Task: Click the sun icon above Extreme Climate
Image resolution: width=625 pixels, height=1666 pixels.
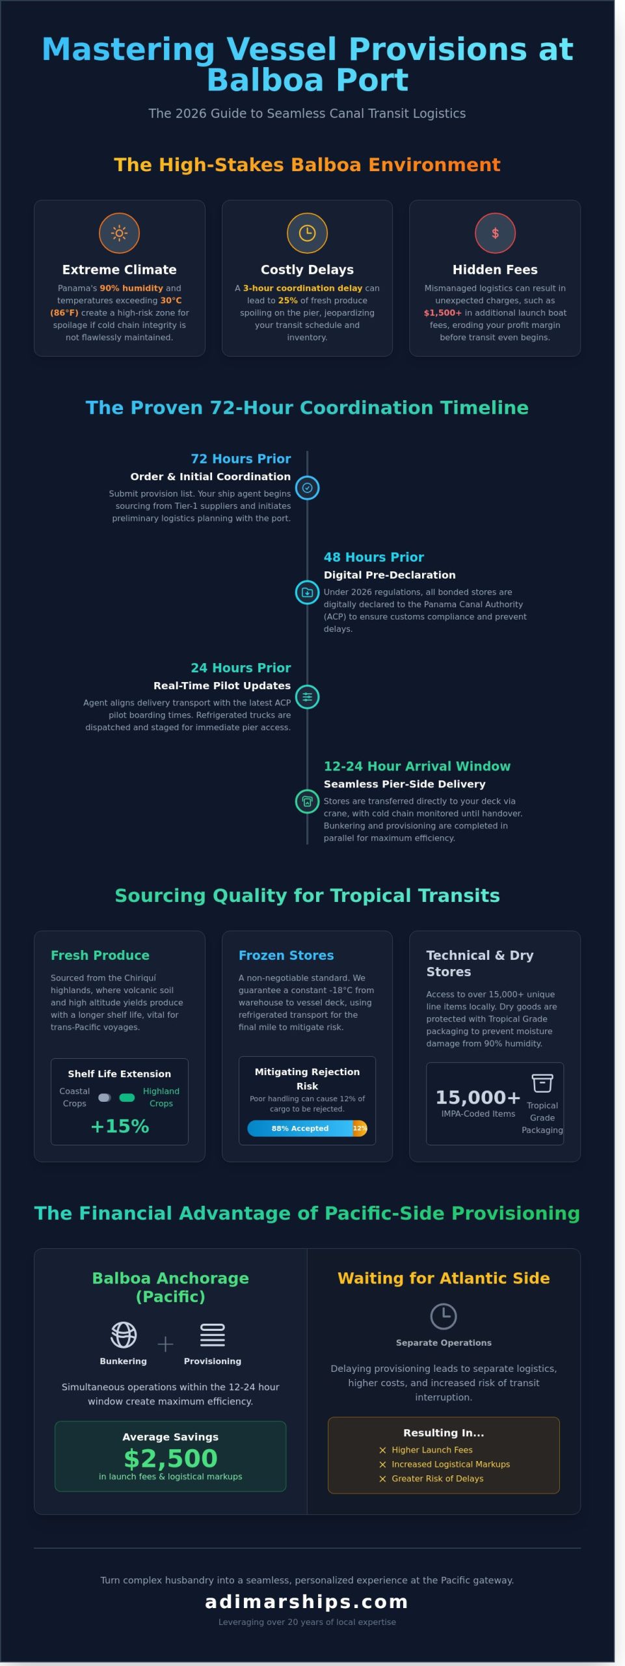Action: (119, 233)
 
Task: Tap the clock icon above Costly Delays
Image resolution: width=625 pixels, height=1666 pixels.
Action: (307, 233)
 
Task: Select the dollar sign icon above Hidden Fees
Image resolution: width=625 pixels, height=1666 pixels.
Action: (495, 233)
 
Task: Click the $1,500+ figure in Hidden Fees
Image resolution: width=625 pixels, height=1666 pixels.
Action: (442, 313)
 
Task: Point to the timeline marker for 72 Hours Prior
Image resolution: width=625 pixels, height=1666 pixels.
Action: (307, 488)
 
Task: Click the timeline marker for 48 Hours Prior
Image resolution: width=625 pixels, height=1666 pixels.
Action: (307, 592)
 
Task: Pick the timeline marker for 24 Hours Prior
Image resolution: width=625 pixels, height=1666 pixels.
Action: (307, 697)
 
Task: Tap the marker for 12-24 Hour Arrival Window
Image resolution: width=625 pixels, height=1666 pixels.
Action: (307, 801)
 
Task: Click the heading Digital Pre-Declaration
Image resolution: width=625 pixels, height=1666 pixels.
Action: (390, 575)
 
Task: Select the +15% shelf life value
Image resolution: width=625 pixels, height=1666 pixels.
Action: (120, 1127)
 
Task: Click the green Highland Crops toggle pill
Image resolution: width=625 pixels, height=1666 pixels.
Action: (127, 1098)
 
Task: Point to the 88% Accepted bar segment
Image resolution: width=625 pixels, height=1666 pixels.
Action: (300, 1128)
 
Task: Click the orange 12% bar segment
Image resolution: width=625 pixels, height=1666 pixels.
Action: (360, 1128)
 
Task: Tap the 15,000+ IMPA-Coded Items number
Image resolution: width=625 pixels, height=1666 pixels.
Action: (478, 1098)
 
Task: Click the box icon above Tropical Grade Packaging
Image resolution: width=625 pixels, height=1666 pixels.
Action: (542, 1083)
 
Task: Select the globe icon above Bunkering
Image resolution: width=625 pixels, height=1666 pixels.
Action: (124, 1335)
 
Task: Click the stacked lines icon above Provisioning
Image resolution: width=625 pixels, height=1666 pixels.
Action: (213, 1335)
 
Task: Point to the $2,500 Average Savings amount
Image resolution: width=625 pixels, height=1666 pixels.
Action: (170, 1458)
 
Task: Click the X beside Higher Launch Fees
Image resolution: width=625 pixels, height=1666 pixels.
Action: (383, 1450)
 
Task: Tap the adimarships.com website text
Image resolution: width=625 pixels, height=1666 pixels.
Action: (307, 1602)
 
